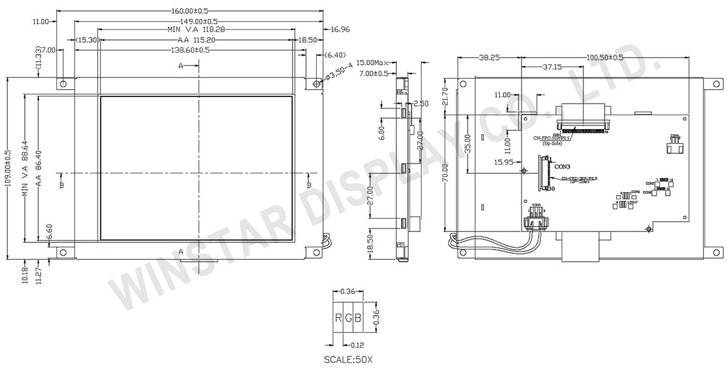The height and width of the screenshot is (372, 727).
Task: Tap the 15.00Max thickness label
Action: pyautogui.click(x=373, y=62)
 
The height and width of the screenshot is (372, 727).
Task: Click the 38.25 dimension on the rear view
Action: pyautogui.click(x=490, y=57)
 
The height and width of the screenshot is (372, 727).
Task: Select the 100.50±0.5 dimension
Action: pyautogui.click(x=605, y=57)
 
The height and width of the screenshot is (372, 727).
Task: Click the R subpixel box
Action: pyautogui.click(x=338, y=318)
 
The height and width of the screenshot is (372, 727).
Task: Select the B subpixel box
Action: pyautogui.click(x=357, y=318)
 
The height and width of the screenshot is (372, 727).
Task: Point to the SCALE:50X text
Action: pyautogui.click(x=348, y=360)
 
